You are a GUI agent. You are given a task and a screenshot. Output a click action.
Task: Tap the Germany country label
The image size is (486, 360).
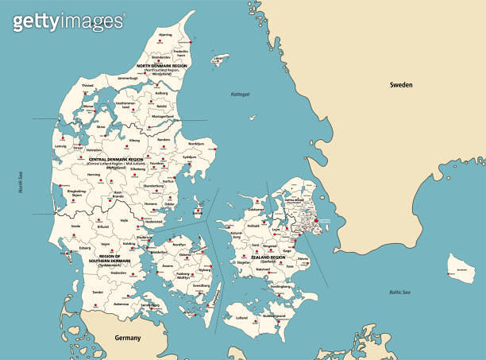(127, 338)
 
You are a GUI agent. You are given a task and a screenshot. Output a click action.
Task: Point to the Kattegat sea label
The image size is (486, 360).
(239, 94)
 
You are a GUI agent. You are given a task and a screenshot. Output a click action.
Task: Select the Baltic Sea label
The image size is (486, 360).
(399, 292)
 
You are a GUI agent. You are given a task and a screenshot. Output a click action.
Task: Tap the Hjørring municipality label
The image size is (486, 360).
(165, 35)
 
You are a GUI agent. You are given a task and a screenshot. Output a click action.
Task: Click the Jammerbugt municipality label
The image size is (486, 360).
(128, 79)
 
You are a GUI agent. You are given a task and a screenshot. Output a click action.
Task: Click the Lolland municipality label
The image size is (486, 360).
(242, 317)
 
